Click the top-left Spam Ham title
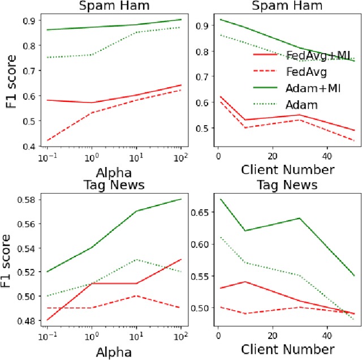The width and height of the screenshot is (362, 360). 110,6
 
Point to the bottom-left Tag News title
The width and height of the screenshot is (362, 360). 110,185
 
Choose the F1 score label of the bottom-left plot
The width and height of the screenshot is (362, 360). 10,260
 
